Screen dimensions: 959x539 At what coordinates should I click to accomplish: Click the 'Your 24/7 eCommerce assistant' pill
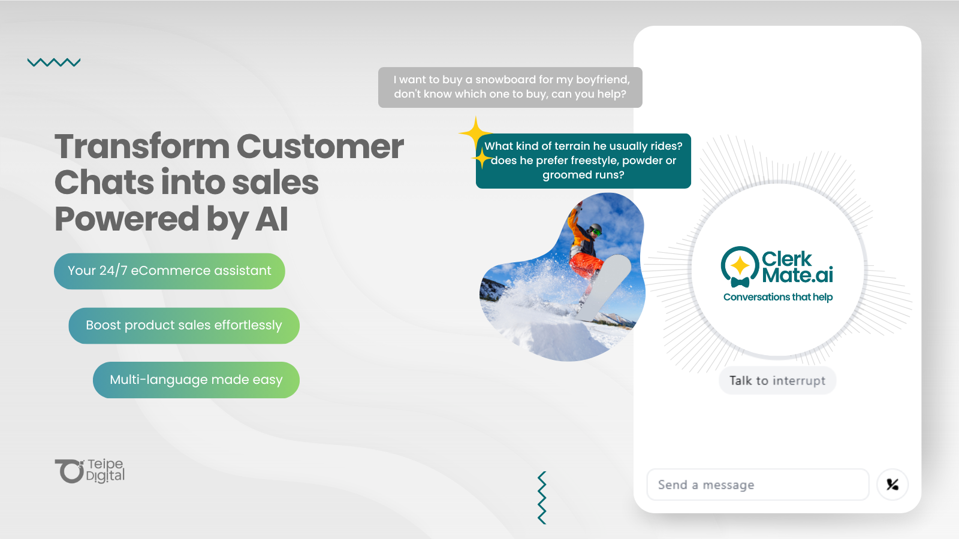170,271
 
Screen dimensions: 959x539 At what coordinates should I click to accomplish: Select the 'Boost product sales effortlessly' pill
184,326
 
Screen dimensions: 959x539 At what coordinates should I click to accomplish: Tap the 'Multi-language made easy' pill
196,380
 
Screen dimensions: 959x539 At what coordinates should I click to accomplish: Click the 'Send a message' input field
758,485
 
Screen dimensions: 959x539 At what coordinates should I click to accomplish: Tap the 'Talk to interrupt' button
777,380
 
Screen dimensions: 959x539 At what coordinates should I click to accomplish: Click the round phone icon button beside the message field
892,485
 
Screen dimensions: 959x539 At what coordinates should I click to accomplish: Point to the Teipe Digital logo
90,471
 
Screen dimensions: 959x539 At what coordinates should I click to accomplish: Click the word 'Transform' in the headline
142,147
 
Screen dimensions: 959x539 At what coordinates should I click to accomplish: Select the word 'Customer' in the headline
320,147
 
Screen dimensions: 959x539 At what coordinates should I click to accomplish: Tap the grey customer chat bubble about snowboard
510,87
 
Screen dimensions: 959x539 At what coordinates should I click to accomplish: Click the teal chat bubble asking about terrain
583,161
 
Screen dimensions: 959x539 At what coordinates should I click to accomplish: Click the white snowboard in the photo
604,287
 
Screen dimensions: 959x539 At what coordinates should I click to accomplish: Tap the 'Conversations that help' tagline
778,297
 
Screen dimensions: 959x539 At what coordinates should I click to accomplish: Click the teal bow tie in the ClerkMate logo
740,282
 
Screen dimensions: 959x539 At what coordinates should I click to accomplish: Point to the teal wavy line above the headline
54,62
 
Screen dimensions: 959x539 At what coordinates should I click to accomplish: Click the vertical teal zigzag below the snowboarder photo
542,498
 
